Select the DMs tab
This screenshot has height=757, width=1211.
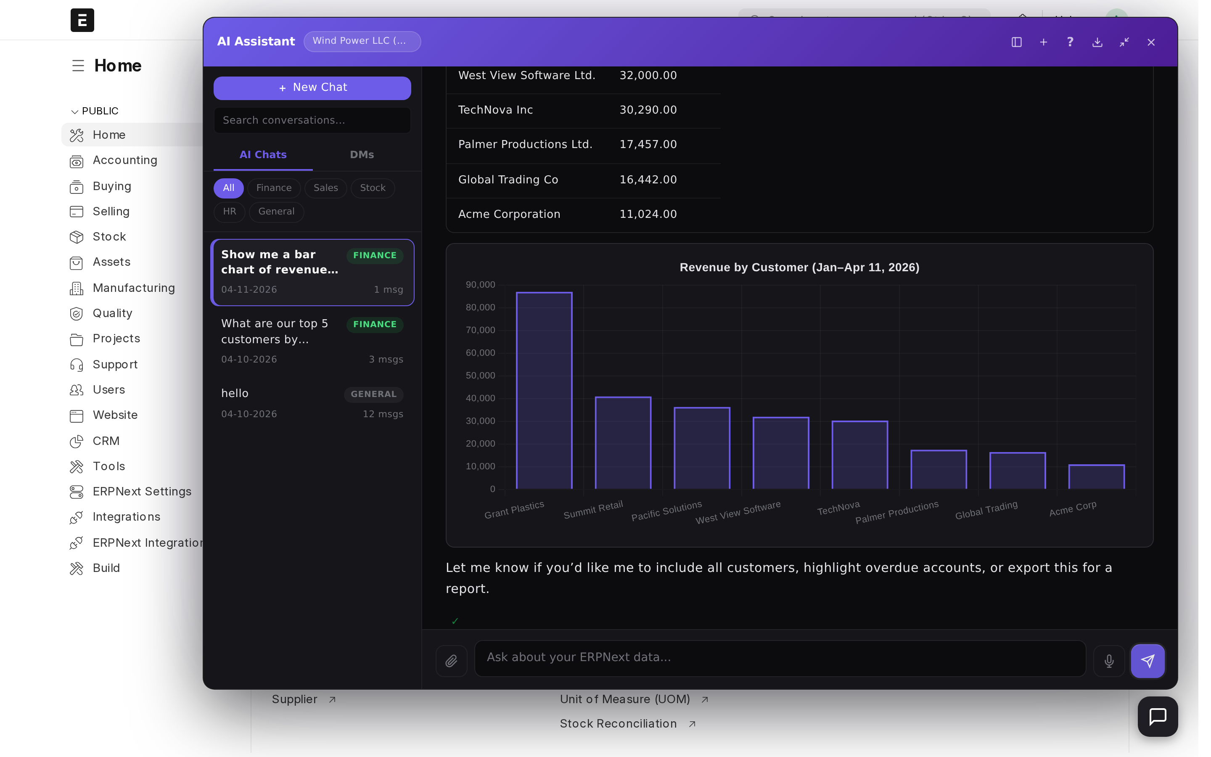click(361, 155)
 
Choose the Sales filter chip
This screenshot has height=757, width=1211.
click(325, 188)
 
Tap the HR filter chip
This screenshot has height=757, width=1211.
click(229, 211)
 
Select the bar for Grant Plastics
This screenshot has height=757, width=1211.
click(544, 391)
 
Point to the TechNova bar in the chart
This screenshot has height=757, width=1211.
click(859, 455)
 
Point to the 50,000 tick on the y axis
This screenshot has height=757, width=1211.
click(480, 376)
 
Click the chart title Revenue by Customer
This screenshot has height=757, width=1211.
click(799, 267)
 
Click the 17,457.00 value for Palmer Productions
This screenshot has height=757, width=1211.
click(648, 145)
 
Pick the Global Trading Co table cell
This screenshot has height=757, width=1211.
click(508, 180)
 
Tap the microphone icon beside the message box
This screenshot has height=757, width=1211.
click(1108, 661)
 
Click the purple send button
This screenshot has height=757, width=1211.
click(1147, 661)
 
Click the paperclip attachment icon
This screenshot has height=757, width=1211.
click(451, 661)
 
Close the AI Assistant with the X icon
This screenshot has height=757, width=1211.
click(1150, 42)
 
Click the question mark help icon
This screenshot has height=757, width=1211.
click(1070, 42)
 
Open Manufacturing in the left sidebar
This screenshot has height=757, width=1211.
click(134, 288)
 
